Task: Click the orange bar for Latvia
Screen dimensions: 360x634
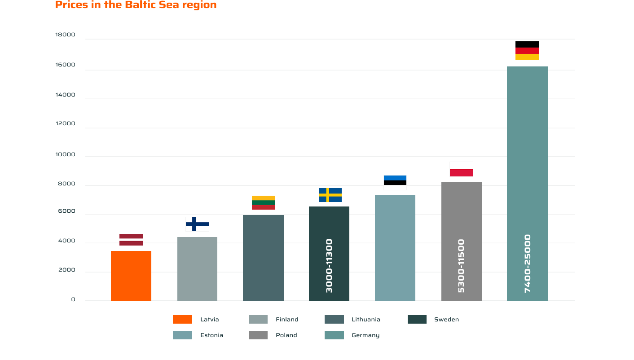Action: [131, 276]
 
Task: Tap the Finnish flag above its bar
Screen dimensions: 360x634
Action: [197, 224]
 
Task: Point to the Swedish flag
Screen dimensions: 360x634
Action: [330, 195]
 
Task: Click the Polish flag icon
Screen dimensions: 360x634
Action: [461, 169]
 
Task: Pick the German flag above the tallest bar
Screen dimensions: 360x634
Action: [527, 54]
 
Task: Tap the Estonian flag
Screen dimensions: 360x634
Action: [395, 183]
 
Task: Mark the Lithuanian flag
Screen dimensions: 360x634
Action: [263, 202]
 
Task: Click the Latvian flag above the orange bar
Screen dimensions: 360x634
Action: [131, 240]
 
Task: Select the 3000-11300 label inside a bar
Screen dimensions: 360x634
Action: [329, 266]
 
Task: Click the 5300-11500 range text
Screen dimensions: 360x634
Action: [461, 266]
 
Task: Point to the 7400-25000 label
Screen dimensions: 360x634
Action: [528, 263]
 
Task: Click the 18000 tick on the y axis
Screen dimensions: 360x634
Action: [65, 35]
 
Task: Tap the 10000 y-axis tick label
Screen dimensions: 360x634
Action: [65, 155]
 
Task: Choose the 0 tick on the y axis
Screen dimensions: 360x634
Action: [73, 299]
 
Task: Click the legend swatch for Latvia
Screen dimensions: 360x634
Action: [182, 320]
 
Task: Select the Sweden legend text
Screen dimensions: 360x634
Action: [446, 320]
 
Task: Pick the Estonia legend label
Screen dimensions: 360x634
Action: [211, 335]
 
